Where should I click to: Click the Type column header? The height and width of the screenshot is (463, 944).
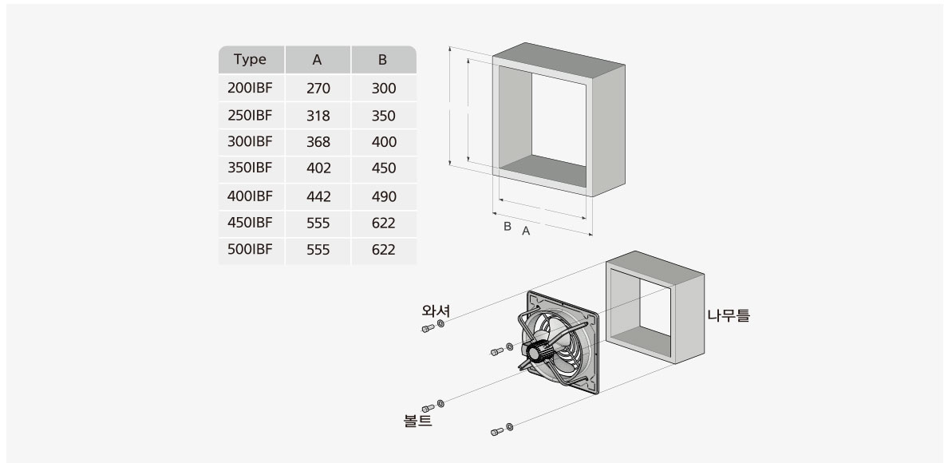250,60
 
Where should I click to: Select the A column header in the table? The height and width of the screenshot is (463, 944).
318,60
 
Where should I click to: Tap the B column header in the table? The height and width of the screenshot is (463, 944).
383,60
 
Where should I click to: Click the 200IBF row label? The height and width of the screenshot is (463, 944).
250,88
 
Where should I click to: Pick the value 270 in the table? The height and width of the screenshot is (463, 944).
318,89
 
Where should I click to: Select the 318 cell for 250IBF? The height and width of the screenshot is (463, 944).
318,116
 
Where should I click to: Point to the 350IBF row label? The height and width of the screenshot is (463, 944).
250,168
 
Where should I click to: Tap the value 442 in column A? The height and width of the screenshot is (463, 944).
318,196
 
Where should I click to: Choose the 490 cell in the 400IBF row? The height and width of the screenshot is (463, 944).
383,196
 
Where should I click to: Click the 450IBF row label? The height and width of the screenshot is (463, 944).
250,223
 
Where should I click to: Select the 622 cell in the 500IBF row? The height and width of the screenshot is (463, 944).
383,250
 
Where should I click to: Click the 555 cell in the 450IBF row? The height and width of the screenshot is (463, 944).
318,224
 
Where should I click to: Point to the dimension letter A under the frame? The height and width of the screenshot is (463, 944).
526,231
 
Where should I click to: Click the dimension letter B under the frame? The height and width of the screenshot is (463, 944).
507,227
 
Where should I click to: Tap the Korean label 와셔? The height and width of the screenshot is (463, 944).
436,311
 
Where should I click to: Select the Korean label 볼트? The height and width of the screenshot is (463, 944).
417,421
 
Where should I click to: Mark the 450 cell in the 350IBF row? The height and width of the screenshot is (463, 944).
383,169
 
